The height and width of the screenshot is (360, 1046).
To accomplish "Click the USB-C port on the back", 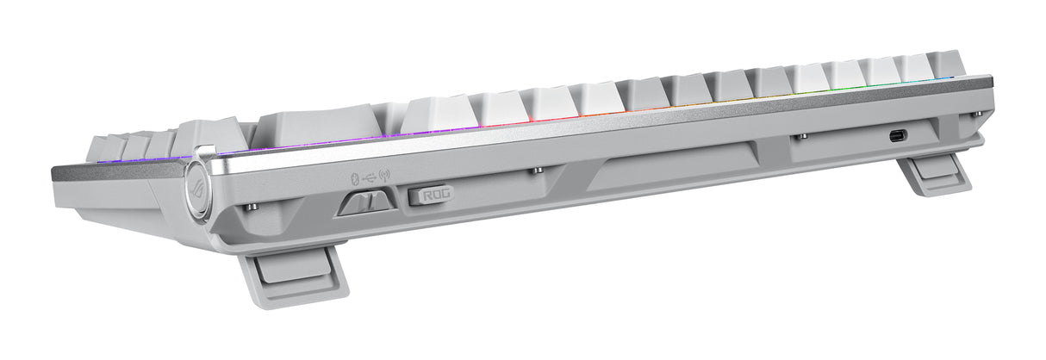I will pyautogui.click(x=897, y=134).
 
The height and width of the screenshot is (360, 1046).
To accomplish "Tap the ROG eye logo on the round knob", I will pyautogui.click(x=196, y=189).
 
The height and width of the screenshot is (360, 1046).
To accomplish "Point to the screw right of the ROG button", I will pyautogui.click(x=536, y=170).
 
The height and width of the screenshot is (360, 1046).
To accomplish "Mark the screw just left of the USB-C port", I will pyautogui.click(x=802, y=136).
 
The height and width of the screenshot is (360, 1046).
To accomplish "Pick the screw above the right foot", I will pyautogui.click(x=975, y=113).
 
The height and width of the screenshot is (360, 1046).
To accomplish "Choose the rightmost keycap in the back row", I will pyautogui.click(x=948, y=65).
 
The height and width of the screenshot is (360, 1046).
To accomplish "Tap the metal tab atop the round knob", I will pyautogui.click(x=201, y=152).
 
